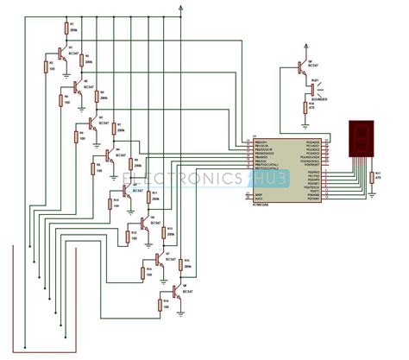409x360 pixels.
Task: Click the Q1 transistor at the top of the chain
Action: [x=61, y=56]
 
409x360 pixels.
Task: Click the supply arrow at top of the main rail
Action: [x=181, y=8]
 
